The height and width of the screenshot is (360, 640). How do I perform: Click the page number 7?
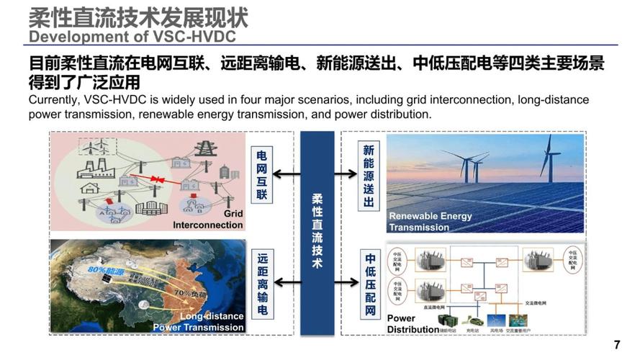617,343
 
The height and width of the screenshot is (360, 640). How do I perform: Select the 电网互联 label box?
262,174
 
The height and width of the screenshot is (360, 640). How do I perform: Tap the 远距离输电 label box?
262,284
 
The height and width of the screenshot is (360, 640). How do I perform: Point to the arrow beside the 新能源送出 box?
346,174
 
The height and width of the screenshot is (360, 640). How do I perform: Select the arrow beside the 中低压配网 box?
346,285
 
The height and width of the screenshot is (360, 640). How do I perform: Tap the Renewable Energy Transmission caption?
431,222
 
